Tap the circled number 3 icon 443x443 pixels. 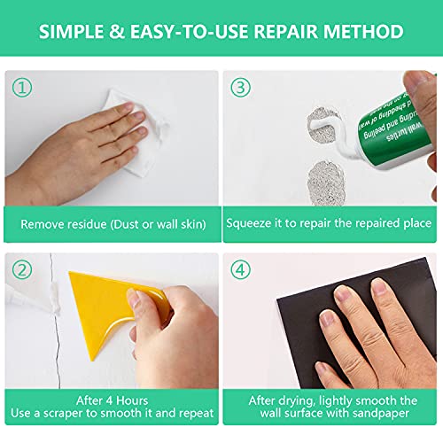[x=240, y=89]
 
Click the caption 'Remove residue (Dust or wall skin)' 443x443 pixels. [x=111, y=224]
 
